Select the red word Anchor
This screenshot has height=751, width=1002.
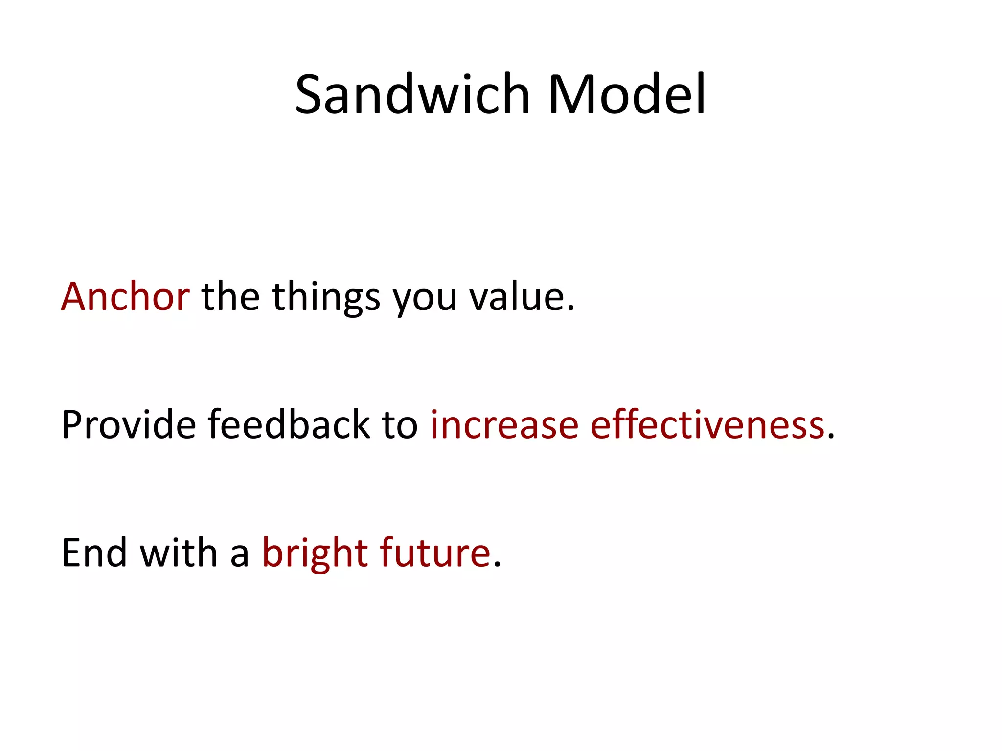[125, 297]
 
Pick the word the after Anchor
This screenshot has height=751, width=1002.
[230, 297]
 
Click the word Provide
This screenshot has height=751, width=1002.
[129, 424]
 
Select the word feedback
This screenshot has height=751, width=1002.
[289, 424]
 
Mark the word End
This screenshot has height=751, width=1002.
[94, 553]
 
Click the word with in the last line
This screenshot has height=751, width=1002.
[179, 553]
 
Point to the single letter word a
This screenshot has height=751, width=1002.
[239, 556]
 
